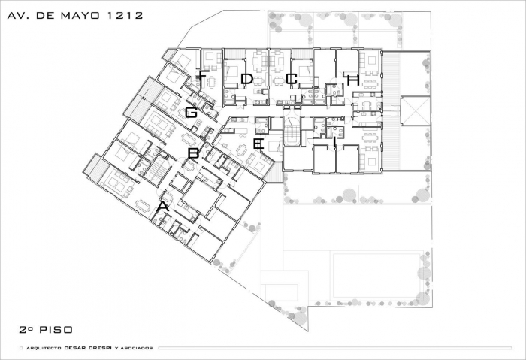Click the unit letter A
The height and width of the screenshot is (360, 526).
click(x=163, y=207)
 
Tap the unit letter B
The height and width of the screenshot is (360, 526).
click(x=193, y=153)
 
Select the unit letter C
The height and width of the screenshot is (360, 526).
click(x=292, y=79)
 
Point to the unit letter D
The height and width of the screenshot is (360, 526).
click(x=247, y=79)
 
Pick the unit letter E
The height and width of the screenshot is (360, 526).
click(x=258, y=144)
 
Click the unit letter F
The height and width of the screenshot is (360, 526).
click(x=202, y=75)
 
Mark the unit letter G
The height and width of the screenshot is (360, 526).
click(x=191, y=113)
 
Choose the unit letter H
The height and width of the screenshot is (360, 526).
click(x=353, y=80)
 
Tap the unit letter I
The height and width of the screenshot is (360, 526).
click(x=335, y=141)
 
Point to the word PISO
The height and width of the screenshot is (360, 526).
click(x=56, y=330)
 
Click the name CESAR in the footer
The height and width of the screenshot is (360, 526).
click(x=75, y=348)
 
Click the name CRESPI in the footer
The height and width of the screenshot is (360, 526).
click(x=100, y=348)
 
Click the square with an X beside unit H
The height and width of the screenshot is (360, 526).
click(x=416, y=110)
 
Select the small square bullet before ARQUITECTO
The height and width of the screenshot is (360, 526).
click(x=21, y=348)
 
